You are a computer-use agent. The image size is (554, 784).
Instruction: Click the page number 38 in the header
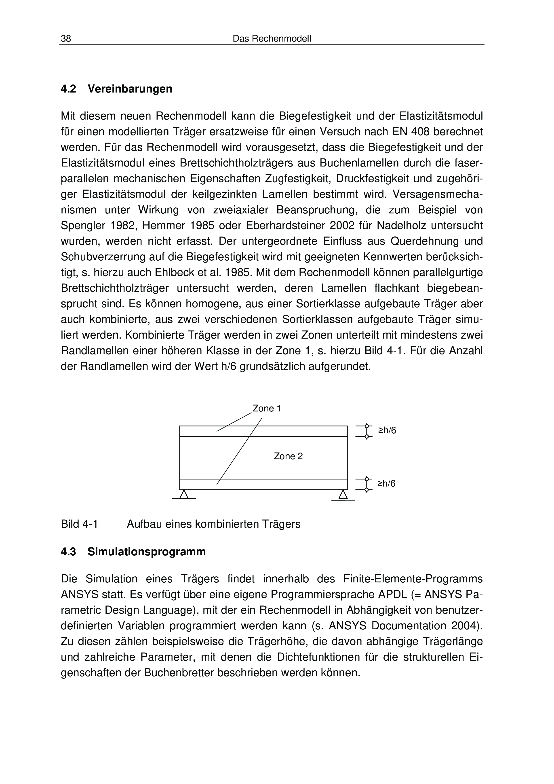(x=66, y=39)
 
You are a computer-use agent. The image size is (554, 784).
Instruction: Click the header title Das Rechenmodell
(x=272, y=39)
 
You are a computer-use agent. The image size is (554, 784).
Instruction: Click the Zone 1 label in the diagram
(x=267, y=408)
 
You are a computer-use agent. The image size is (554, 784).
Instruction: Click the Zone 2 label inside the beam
(x=288, y=456)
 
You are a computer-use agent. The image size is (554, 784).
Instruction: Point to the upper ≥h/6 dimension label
(x=387, y=431)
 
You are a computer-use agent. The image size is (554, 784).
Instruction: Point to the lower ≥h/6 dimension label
(x=386, y=483)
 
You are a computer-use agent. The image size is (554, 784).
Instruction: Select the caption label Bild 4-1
(x=79, y=524)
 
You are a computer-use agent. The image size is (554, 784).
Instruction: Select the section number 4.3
(x=68, y=552)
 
